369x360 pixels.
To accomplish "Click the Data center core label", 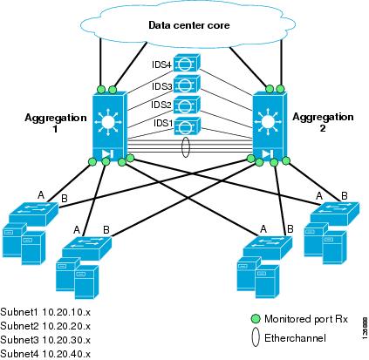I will pyautogui.click(x=188, y=27).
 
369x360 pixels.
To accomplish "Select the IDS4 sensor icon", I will pyautogui.click(x=186, y=65).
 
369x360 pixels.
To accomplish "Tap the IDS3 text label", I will pyautogui.click(x=161, y=86).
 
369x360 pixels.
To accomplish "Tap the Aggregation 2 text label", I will pyautogui.click(x=319, y=122).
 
